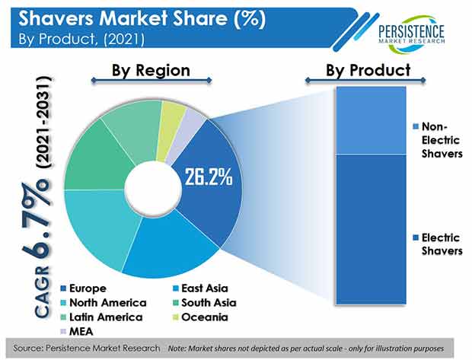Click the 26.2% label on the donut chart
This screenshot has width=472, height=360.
[x=209, y=177]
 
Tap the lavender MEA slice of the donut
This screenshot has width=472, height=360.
[x=187, y=132]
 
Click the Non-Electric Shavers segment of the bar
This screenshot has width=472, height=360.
[x=372, y=120]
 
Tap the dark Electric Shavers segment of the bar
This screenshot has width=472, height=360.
[x=372, y=229]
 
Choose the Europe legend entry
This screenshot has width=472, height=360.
[x=84, y=288]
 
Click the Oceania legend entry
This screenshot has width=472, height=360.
[x=200, y=317]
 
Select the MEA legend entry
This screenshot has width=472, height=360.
[x=77, y=332]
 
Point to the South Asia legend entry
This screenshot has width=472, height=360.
[x=205, y=303]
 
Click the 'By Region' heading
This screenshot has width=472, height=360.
[x=151, y=71]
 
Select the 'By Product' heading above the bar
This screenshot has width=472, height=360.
[x=368, y=70]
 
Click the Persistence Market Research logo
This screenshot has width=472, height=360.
[x=412, y=33]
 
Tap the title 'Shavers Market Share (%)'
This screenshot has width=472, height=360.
[x=142, y=19]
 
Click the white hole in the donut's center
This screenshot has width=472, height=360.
[x=153, y=189]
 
